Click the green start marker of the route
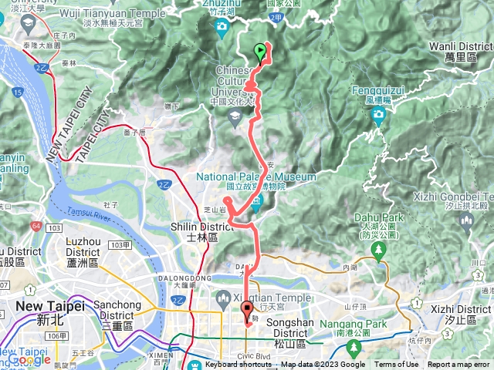point(260,52)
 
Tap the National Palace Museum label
point(256,177)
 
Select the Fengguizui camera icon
point(378,116)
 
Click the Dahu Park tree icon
point(378,251)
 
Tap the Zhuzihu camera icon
point(222,29)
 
